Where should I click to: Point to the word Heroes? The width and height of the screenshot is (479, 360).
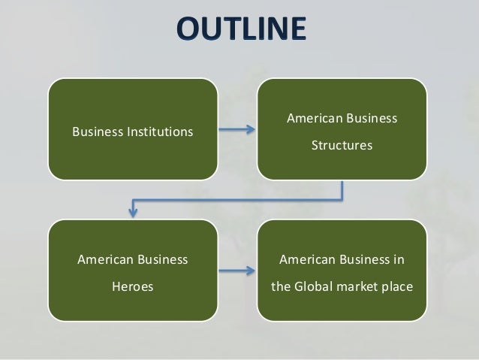(x=133, y=286)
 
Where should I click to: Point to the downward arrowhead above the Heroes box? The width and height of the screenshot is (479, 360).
(x=133, y=211)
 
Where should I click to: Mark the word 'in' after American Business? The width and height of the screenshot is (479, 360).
(x=398, y=261)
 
